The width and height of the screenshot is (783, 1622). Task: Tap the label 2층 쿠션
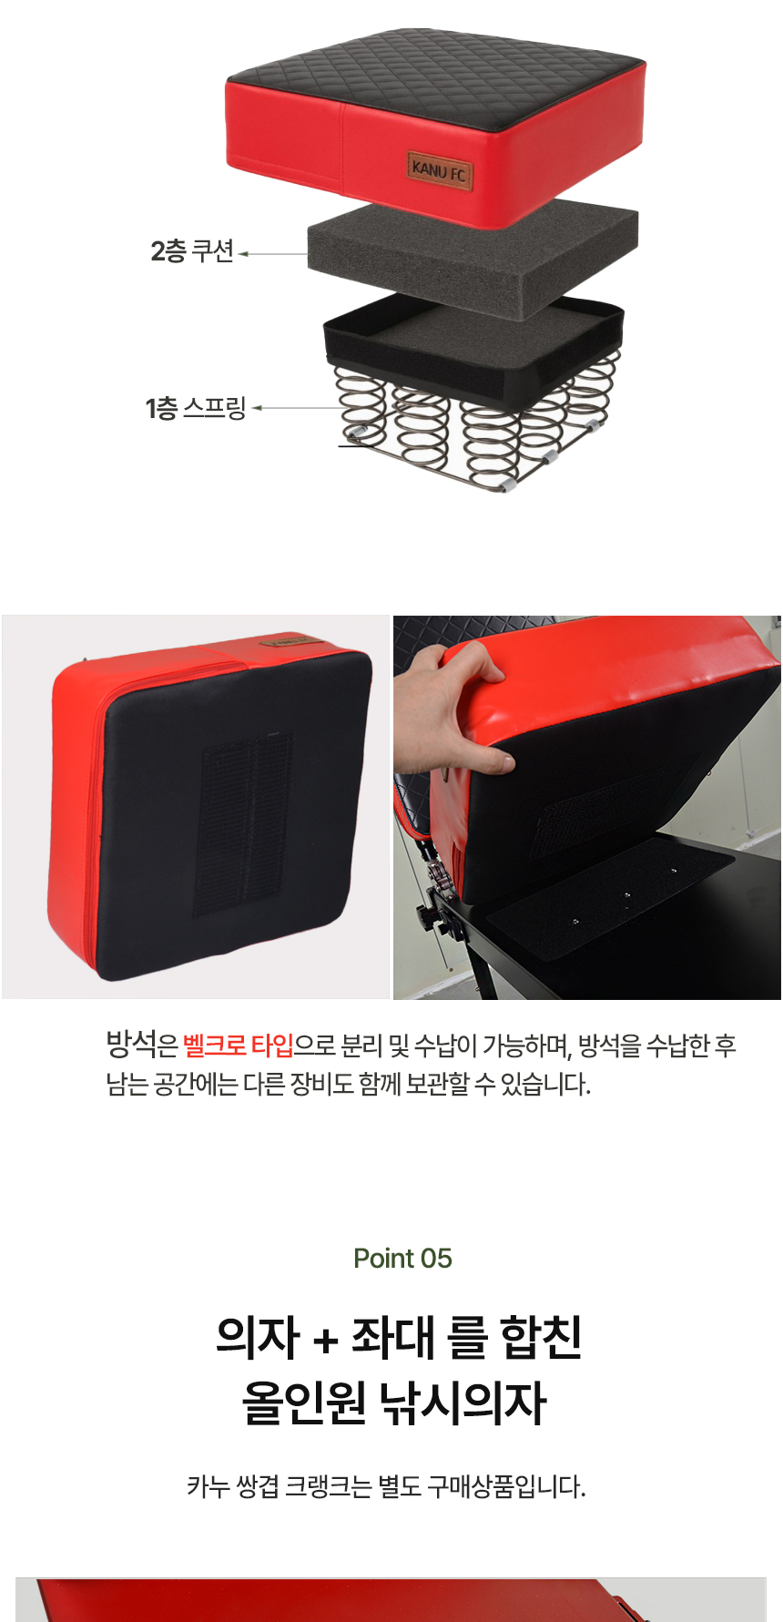point(192,251)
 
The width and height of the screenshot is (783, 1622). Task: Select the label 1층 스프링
point(196,408)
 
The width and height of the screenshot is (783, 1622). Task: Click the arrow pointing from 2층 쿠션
point(273,254)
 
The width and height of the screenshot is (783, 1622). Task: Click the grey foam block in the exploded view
point(473,260)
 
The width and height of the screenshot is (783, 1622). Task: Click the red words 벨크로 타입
point(239,1045)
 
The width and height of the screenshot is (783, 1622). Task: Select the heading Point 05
point(402,1258)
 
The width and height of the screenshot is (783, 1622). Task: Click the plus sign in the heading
point(325,1341)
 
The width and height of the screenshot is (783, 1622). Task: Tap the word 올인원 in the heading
point(303,1403)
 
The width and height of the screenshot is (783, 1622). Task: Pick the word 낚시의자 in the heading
point(463,1403)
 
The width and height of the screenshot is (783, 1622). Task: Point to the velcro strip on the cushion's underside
point(243,822)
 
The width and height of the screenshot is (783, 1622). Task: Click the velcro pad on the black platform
point(610,897)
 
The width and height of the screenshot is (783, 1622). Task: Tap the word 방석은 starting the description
point(142,1045)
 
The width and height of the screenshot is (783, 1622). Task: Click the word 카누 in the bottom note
point(208,1486)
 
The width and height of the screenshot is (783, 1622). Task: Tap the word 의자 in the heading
point(258,1337)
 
